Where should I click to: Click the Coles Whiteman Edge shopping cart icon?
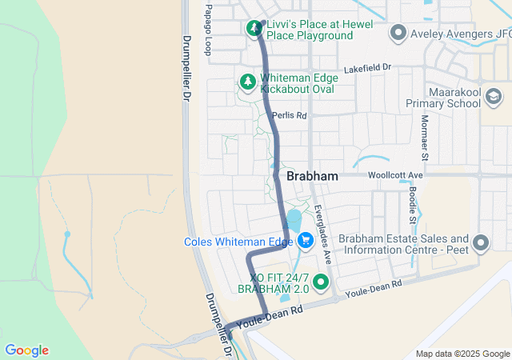point(305,240)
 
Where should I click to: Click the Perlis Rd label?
point(290,115)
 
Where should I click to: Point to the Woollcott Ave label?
point(394,174)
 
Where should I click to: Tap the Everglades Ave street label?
point(323,232)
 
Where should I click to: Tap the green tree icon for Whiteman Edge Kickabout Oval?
point(248,82)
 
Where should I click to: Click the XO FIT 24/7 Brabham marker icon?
point(321,282)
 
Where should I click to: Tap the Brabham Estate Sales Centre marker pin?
point(481,242)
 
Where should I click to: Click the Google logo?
point(27,350)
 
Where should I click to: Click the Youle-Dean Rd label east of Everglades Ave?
point(374,290)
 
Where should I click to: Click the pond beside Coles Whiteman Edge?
point(293,223)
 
